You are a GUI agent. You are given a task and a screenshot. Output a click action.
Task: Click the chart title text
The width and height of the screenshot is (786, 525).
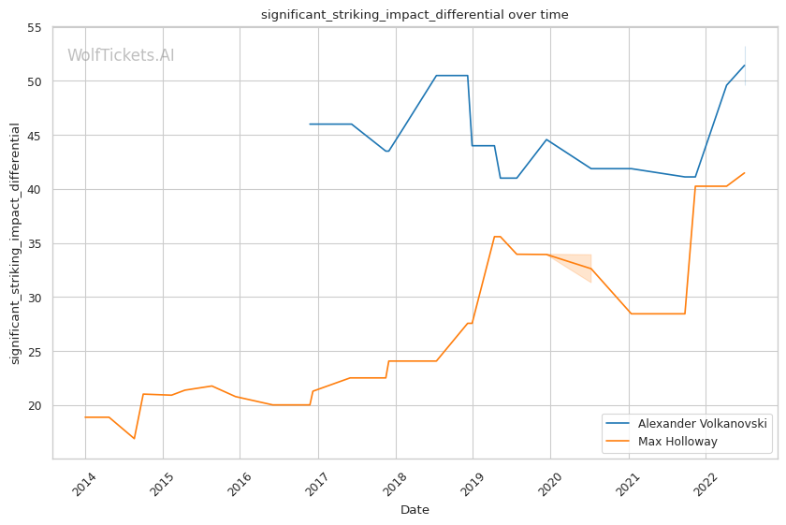click(414, 15)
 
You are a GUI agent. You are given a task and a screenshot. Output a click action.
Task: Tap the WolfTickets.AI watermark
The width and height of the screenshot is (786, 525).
click(121, 56)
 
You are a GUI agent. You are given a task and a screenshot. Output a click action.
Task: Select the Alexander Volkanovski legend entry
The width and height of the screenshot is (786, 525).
click(703, 424)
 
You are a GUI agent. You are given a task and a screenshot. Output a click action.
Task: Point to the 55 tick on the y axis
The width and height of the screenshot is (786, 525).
click(34, 27)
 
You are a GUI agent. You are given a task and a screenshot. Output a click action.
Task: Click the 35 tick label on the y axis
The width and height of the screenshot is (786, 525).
click(34, 244)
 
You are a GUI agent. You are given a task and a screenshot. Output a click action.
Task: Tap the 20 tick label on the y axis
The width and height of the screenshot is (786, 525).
click(34, 406)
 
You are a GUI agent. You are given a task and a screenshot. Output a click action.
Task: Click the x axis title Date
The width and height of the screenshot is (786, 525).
click(415, 510)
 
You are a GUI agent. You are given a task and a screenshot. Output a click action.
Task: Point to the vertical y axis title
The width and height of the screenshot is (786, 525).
click(15, 243)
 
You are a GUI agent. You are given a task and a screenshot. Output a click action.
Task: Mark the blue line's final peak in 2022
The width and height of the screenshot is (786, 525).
click(745, 65)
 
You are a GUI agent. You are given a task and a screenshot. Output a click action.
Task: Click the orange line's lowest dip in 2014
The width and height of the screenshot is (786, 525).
click(134, 438)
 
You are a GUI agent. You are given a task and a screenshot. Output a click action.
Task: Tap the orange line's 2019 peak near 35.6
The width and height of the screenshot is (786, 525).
click(497, 236)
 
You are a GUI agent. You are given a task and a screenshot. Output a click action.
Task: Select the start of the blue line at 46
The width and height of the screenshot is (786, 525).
click(310, 124)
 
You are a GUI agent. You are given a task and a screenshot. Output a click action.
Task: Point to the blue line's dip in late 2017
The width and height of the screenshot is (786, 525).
click(387, 152)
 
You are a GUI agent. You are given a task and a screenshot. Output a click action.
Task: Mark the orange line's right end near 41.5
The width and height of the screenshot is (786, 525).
click(745, 172)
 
